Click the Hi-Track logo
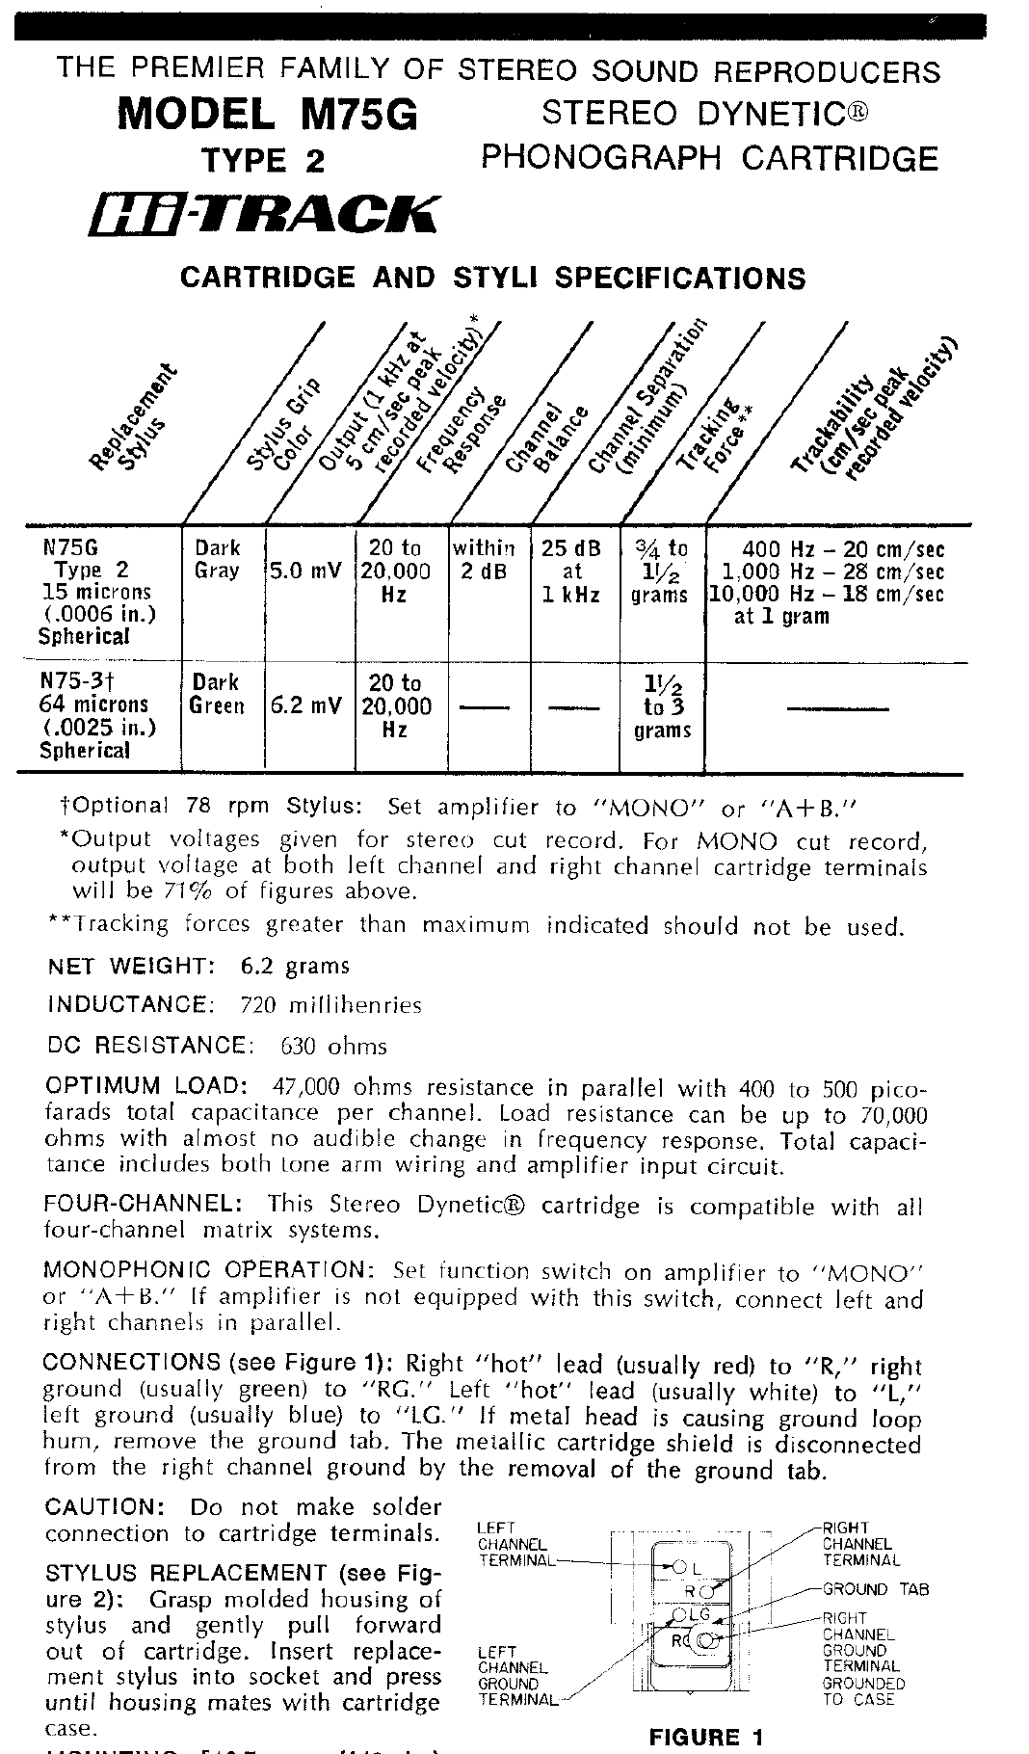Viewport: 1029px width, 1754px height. tap(262, 214)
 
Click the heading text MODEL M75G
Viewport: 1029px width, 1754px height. tap(268, 116)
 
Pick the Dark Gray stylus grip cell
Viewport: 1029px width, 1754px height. tap(218, 559)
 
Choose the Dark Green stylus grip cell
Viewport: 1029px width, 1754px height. tap(217, 694)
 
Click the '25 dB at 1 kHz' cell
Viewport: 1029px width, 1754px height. tap(571, 571)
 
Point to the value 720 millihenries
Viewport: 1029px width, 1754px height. tap(330, 1006)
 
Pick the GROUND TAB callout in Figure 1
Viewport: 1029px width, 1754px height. tap(875, 1589)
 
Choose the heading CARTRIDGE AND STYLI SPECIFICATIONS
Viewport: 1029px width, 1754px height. tap(493, 279)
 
